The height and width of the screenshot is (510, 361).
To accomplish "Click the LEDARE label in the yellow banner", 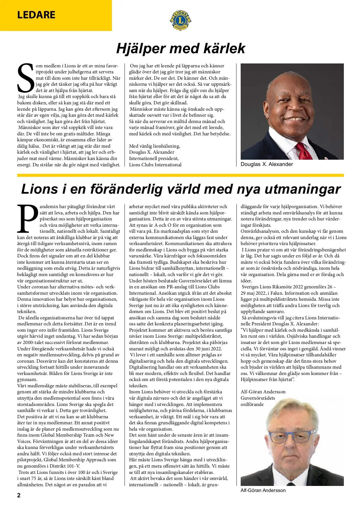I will pyautogui.click(x=36, y=15).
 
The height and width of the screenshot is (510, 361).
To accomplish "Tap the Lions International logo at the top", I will pyautogui.click(x=180, y=20).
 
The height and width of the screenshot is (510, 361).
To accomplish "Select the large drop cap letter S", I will pyautogui.click(x=26, y=78).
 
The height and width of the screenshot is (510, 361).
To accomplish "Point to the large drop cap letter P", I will pyautogui.click(x=27, y=219).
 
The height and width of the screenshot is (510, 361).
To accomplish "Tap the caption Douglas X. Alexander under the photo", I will pyautogui.click(x=267, y=164).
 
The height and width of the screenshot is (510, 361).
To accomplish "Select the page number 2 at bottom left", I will pyautogui.click(x=19, y=495).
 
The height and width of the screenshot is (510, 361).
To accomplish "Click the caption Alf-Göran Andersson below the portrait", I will pyautogui.click(x=263, y=490).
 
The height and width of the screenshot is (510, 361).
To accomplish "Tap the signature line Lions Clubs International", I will pyautogui.click(x=155, y=165).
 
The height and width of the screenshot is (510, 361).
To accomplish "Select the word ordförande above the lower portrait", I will pyautogui.click(x=252, y=404).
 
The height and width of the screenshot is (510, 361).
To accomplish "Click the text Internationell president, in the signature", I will pyautogui.click(x=154, y=158).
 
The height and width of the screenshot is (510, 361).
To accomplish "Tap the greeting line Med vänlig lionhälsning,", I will pyautogui.click(x=155, y=146).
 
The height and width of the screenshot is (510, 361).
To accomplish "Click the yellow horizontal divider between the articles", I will pyautogui.click(x=180, y=175).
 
